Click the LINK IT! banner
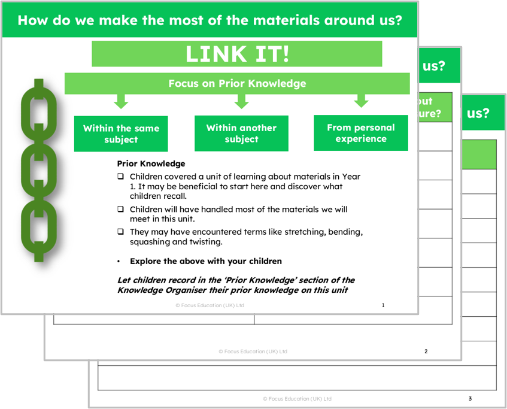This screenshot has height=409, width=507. point(236,54)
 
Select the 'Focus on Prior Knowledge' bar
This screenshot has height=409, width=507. point(237,84)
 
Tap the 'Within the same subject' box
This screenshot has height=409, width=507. point(121,134)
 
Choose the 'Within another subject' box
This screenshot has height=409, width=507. point(241,133)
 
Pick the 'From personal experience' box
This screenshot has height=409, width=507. point(360,133)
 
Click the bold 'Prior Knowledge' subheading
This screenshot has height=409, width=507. point(151,163)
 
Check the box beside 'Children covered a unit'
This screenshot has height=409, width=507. point(120,177)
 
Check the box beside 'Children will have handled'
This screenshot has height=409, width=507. point(120,210)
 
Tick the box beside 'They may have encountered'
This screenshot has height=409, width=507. point(120,232)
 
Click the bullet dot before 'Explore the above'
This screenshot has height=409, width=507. point(119,262)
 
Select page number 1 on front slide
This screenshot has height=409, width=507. point(383,305)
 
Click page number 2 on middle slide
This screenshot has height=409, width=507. point(426,352)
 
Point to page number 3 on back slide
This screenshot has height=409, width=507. point(470,398)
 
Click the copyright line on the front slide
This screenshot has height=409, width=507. point(210,305)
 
